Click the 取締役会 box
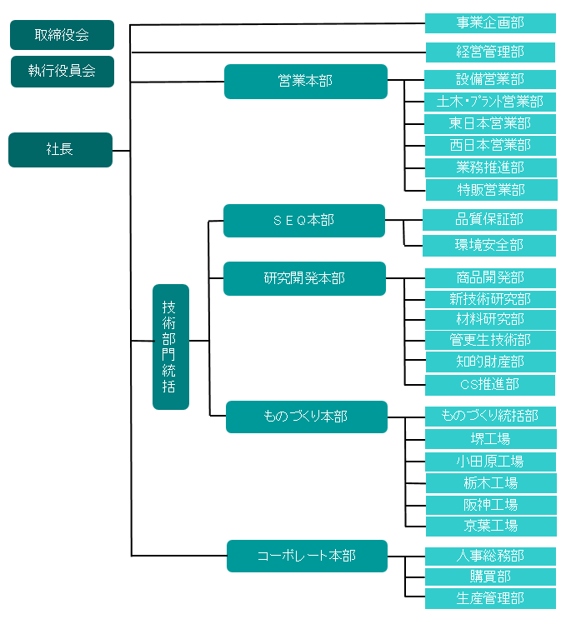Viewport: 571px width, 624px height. tap(62, 35)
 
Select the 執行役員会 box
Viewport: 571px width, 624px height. tap(62, 72)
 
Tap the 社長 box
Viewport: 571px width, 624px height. tap(60, 150)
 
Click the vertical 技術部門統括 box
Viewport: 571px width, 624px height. tap(170, 347)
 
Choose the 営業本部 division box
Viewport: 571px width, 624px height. tap(305, 82)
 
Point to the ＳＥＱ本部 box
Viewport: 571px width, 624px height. tap(303, 221)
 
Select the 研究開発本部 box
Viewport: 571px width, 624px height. tap(304, 278)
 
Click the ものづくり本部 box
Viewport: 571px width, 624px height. tap(306, 417)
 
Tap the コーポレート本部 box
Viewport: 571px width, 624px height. tap(307, 556)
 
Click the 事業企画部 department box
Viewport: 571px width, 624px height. tap(490, 23)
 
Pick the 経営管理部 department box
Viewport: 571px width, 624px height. tap(490, 52)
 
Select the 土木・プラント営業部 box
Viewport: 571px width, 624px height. tap(490, 102)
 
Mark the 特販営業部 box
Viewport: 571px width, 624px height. tap(491, 190)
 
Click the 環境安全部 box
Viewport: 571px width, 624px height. tap(489, 246)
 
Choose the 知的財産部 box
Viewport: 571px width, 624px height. tap(490, 362)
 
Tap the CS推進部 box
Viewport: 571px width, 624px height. tap(490, 385)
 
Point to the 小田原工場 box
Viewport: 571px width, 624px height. tap(490, 462)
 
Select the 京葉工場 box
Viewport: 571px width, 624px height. tap(490, 526)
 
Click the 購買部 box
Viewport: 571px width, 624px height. tap(490, 577)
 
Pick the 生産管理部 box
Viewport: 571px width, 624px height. tap(490, 598)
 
